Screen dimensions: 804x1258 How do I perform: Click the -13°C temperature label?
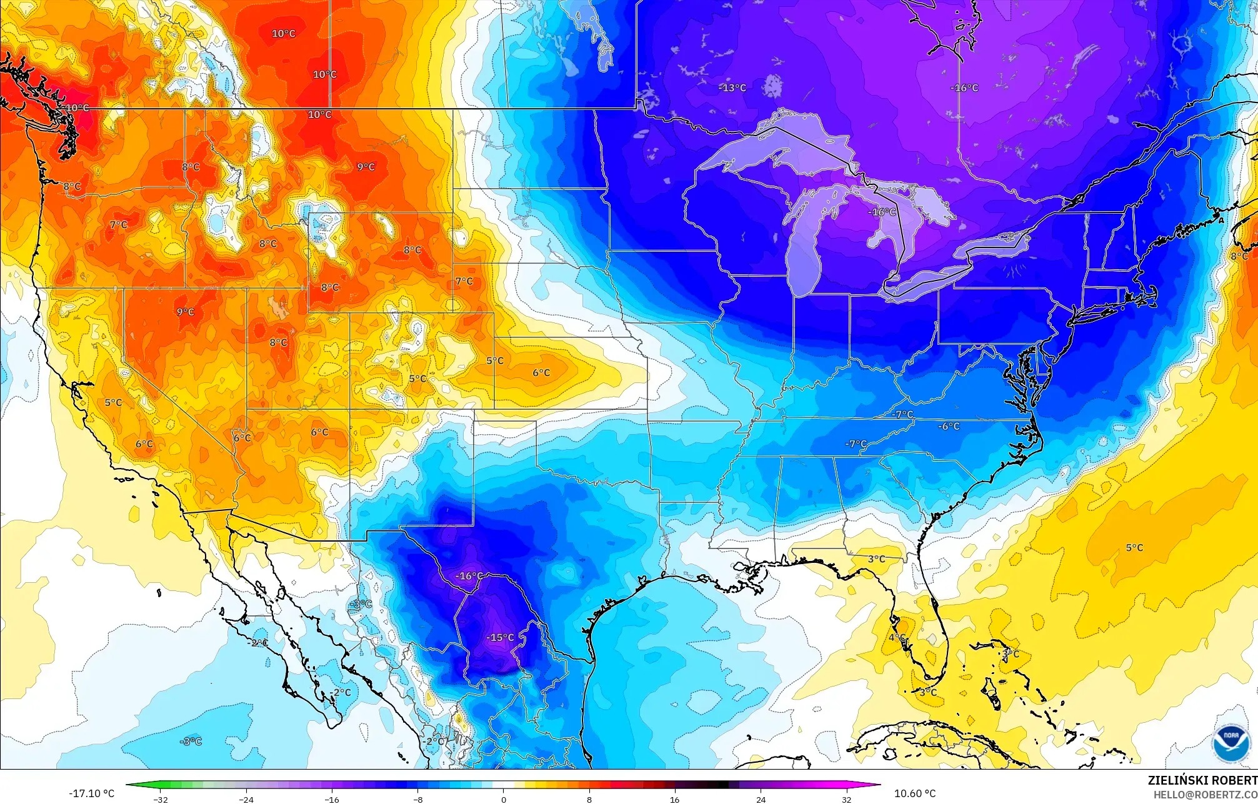tap(732, 88)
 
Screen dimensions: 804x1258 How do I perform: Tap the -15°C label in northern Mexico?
tap(501, 638)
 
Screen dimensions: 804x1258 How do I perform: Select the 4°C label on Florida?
tap(897, 637)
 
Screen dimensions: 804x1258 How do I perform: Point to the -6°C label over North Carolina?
tap(949, 426)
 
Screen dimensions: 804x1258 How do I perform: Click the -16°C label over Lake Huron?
tap(882, 212)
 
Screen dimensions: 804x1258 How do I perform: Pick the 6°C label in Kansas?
tap(541, 373)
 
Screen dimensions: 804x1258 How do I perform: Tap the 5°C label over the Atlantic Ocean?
tap(1134, 548)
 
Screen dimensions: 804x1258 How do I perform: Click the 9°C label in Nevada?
tap(185, 312)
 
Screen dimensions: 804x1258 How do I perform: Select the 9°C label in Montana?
tap(366, 167)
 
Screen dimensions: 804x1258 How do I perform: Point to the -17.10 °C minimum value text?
tap(91, 793)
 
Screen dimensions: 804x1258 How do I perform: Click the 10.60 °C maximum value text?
tap(915, 793)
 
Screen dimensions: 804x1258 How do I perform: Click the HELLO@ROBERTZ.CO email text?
tap(1205, 795)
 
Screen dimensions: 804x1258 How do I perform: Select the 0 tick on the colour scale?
tap(504, 799)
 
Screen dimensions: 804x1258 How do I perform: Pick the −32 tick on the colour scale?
tap(161, 799)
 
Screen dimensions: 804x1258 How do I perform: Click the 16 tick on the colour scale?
tap(675, 799)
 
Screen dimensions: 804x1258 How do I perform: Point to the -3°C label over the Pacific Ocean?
tap(191, 742)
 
